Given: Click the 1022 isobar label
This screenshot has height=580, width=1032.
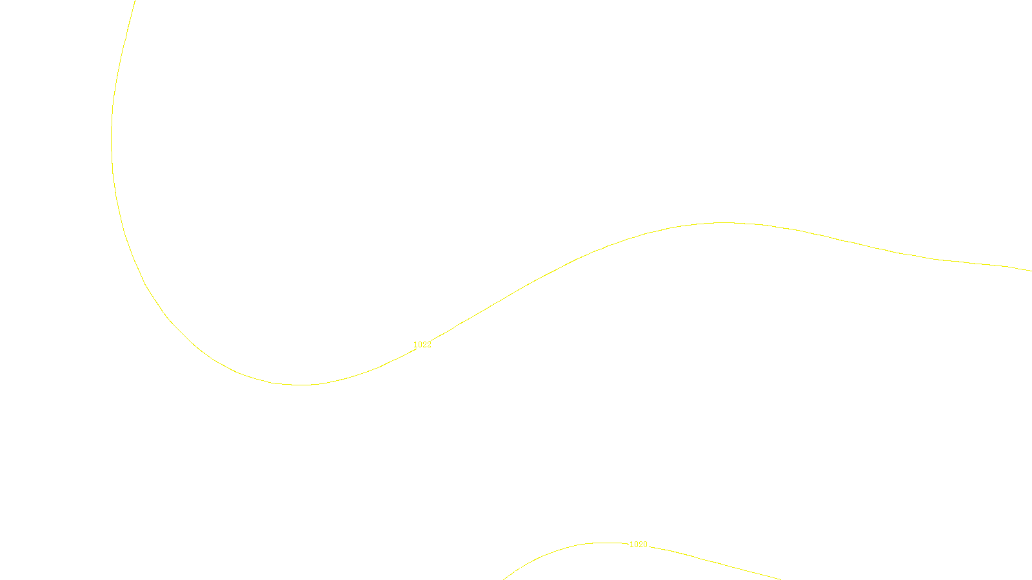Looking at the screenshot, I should [422, 345].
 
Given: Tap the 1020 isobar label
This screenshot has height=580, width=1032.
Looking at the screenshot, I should [638, 545].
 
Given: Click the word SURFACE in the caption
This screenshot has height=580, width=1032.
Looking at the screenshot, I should [516, 569].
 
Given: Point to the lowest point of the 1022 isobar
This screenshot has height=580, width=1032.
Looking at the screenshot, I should [302, 385].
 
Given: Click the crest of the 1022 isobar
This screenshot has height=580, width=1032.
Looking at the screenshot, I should [722, 223].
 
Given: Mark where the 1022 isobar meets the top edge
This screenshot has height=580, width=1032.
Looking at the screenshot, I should [135, 1].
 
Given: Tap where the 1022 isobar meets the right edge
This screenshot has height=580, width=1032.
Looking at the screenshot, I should [1031, 271].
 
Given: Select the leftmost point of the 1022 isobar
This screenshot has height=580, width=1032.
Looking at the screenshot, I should [112, 135].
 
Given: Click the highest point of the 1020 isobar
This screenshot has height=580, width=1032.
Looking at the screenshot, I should [606, 543].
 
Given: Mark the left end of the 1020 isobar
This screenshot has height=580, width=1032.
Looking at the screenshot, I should [504, 579].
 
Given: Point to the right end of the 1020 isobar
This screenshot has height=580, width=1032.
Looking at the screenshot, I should [780, 579].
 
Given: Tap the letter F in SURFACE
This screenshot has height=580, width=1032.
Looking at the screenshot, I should [517, 569].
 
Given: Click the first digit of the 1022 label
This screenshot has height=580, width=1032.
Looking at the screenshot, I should [415, 345].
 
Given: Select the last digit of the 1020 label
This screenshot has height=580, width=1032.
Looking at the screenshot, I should [644, 545].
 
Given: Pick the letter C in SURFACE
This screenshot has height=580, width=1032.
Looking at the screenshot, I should [526, 569].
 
